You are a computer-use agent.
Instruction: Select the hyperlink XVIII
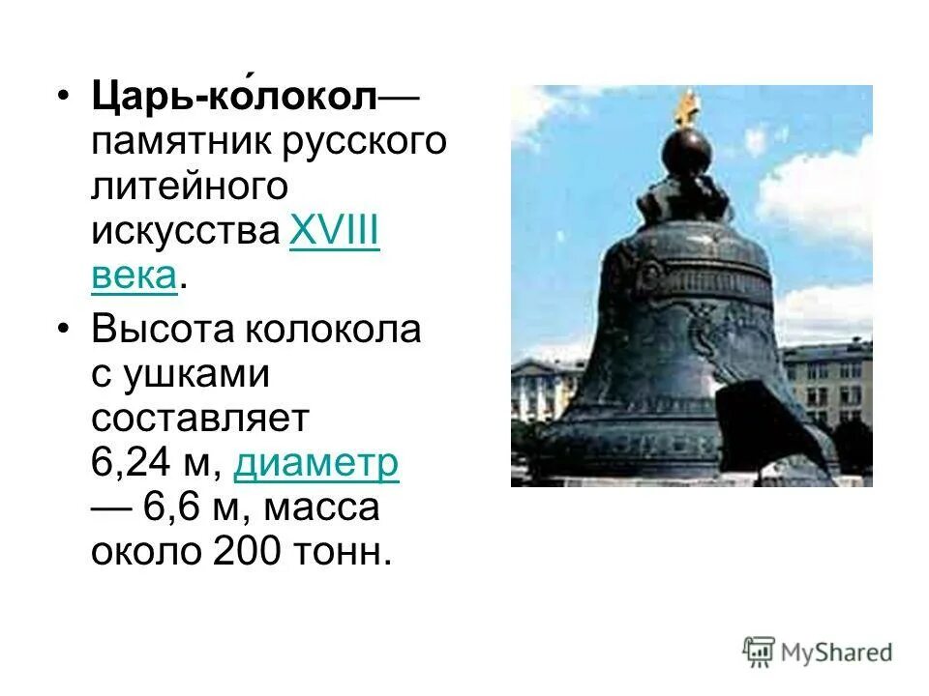[x=334, y=232]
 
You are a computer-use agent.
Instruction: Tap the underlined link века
[x=135, y=276]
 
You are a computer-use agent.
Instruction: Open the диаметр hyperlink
[x=316, y=465]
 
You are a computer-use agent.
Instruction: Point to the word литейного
[x=190, y=188]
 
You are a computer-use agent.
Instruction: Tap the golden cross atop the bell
[x=688, y=107]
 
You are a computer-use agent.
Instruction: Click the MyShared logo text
[x=838, y=652]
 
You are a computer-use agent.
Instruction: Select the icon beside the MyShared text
[x=759, y=652]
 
